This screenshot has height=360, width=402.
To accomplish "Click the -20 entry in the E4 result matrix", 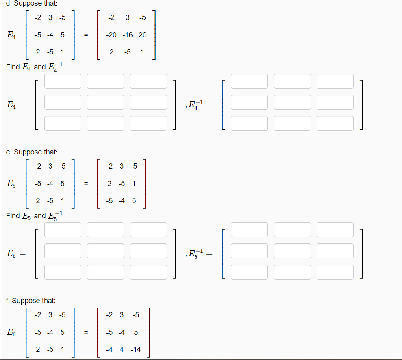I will coord(111,35).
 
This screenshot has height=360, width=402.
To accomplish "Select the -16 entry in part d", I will coord(128,35).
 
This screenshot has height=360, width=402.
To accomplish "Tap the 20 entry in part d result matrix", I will coord(142,35).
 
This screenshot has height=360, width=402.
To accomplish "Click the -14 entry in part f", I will coord(136,349).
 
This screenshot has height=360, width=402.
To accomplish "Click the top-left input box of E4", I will coord(63,81).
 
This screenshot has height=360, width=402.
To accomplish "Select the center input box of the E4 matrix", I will coord(105,102).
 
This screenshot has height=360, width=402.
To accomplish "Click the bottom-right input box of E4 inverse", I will coord(335,123).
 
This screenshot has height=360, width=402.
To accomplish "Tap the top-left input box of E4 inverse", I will coord(249,81).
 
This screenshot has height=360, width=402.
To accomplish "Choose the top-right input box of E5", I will coord(148,230).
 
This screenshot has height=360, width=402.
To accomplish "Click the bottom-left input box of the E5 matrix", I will coord(63,272).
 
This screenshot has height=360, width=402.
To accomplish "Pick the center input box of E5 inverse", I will coord(292,251).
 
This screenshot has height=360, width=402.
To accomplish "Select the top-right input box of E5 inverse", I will coord(335,230).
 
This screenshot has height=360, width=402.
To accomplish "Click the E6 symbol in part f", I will coord(11,332).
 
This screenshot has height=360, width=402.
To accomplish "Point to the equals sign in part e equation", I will coord(86,184).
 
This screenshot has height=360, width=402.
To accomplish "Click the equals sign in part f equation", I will coord(86,332).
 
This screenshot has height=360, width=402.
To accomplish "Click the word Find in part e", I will coord(13,215).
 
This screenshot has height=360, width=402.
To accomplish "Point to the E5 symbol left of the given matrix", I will coord(11,184).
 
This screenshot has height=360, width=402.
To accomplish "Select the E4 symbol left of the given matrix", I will coord(11,35).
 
